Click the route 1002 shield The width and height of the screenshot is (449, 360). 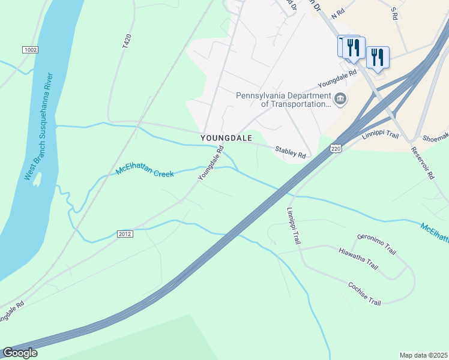[30, 49]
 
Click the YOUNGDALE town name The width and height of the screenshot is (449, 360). [226, 138]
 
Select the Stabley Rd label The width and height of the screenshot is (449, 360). [291, 152]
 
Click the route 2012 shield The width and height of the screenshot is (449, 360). [125, 233]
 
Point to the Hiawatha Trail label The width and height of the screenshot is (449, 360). [358, 259]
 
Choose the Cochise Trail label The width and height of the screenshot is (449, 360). [364, 293]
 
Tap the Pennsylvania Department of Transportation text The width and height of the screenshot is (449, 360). [283, 99]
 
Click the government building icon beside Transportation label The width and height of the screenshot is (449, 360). [340, 98]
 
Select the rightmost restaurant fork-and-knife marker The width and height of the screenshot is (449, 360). [378, 58]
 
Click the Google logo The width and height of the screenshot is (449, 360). [20, 353]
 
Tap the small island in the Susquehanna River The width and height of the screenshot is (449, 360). [37, 179]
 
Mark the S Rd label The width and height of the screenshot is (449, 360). [394, 11]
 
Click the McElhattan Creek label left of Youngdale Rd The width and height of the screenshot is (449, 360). [145, 172]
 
